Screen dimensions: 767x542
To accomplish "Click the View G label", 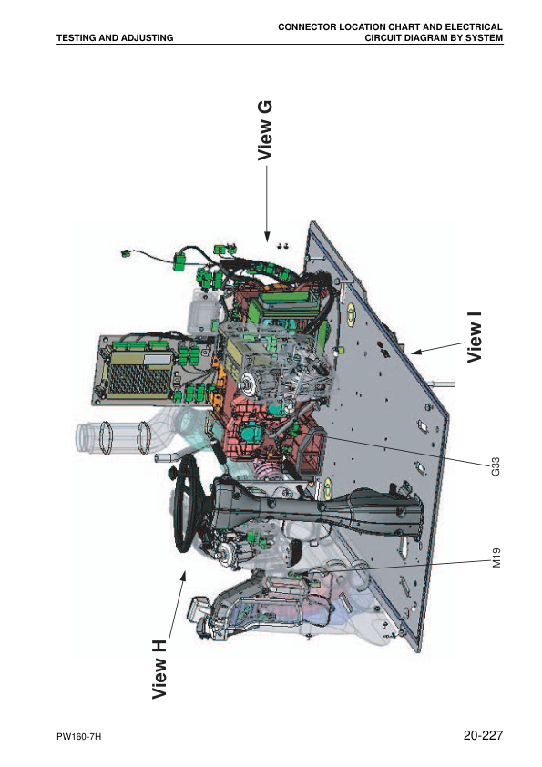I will tap(265, 130).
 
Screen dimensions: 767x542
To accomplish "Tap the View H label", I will tap(160, 670).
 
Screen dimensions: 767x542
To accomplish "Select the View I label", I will tap(475, 337).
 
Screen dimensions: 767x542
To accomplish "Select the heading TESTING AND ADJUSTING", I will tap(115, 38).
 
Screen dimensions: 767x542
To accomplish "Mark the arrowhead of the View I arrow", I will tap(414, 350).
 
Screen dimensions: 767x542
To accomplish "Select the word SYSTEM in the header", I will tap(479, 38).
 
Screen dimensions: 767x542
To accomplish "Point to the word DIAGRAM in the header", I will tap(407, 38).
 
